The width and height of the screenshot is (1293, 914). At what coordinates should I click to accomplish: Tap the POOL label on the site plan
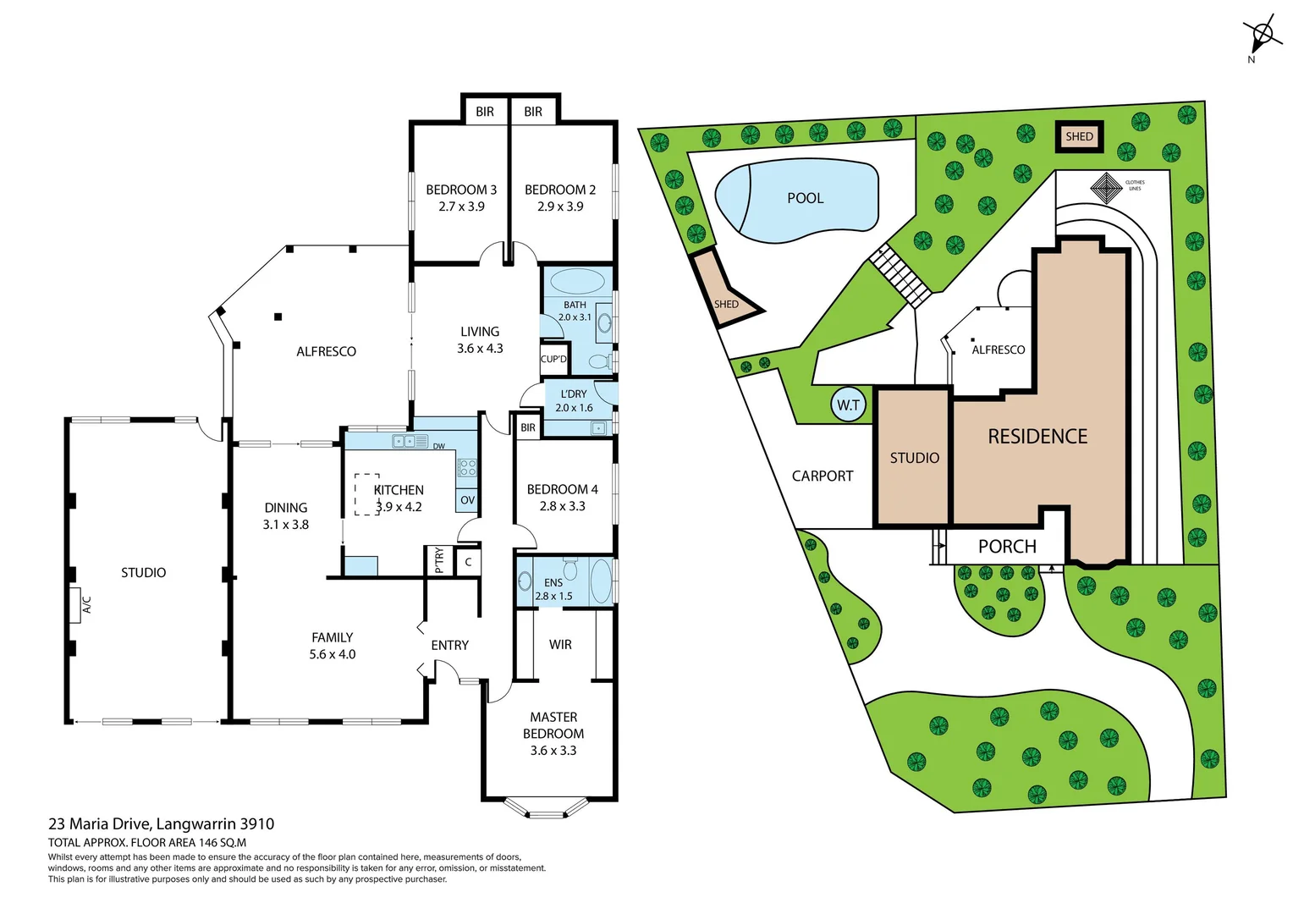805,198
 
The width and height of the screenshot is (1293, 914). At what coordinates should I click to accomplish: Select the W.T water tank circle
848,405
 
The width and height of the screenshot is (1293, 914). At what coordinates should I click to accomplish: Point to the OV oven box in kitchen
467,500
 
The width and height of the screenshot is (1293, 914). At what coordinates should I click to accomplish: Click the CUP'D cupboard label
553,359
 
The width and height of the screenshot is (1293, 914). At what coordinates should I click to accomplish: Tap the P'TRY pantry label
438,560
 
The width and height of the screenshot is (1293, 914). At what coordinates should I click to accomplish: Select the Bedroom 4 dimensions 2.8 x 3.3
562,506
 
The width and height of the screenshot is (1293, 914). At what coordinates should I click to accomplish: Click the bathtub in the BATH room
578,281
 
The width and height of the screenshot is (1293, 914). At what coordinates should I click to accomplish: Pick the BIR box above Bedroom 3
484,112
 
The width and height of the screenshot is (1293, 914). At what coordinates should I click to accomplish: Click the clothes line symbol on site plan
1106,188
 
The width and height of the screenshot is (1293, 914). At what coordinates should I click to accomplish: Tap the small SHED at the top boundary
1079,136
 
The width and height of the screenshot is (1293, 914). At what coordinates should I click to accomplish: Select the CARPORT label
822,476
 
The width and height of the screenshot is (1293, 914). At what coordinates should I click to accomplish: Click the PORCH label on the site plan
1007,547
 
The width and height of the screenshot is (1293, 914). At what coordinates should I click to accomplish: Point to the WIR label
560,645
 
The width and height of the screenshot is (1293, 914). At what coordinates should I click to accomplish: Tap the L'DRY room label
573,394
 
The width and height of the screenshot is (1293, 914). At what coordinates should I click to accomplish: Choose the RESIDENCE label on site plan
1037,437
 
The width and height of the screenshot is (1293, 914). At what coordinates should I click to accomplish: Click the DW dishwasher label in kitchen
438,446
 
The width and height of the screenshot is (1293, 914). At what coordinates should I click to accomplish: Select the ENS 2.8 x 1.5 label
553,589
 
